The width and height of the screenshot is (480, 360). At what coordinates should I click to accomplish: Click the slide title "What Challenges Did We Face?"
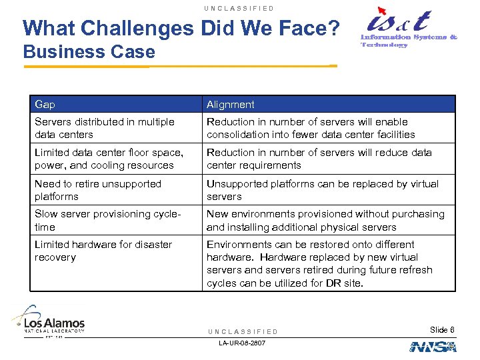point(181,28)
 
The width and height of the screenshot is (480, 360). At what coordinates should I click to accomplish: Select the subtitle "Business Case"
point(89,52)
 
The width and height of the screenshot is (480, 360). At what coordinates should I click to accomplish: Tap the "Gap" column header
point(45,105)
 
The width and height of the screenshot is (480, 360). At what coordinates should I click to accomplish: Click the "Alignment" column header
point(231,105)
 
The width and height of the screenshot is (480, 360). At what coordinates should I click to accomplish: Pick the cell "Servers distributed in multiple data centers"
point(105,128)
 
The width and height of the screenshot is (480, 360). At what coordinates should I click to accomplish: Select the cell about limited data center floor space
point(109,159)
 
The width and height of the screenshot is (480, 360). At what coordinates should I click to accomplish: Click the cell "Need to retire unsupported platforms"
point(98,190)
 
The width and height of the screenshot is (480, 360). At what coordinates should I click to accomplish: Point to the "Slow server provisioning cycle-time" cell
point(107,220)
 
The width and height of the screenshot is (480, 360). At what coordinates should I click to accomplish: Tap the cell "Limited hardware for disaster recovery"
point(103,251)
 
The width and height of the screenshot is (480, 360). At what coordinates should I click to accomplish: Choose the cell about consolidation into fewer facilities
point(311,128)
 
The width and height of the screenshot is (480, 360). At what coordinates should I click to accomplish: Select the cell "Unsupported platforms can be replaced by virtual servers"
point(323,190)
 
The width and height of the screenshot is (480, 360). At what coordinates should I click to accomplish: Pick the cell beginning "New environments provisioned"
point(325,220)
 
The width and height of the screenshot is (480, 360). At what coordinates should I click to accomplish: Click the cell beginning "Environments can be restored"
point(320,263)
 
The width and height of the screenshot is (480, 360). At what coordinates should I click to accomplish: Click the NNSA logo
point(433,347)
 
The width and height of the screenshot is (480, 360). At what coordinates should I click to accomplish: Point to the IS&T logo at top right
point(408,28)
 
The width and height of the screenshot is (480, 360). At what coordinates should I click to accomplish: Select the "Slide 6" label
point(442,330)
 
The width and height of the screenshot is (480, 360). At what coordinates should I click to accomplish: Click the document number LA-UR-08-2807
point(242,343)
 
